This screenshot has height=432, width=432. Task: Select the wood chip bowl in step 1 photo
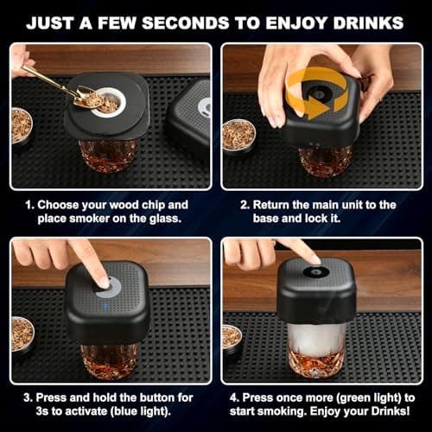(21, 125)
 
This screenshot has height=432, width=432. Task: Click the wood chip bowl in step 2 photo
(238, 135)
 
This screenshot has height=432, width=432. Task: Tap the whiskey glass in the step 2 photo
(324, 161)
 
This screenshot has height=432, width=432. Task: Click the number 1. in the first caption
(29, 205)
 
